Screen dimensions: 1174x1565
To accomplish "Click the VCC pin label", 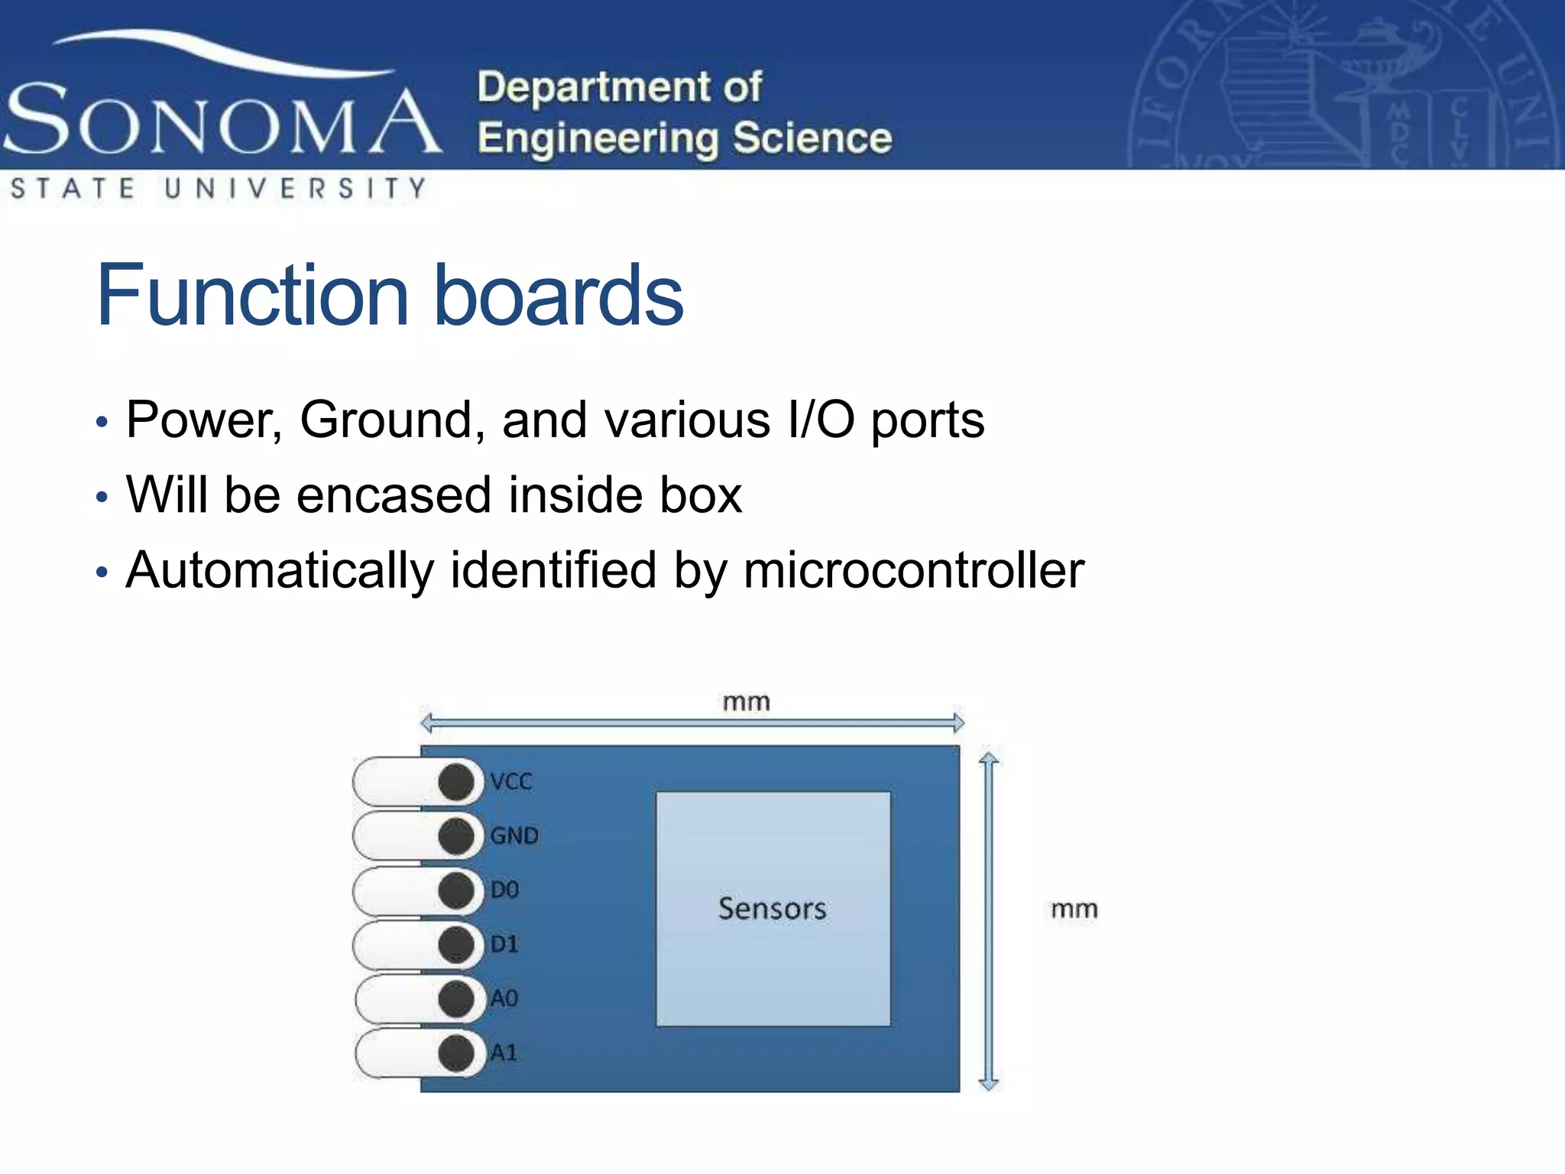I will click(511, 782).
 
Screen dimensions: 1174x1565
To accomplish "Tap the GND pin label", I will click(514, 835).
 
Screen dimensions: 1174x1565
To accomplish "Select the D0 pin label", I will click(504, 890).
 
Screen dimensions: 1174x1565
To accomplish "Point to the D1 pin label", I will click(504, 944).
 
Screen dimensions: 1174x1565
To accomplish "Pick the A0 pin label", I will click(504, 998).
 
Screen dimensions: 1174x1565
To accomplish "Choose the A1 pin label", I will click(504, 1052).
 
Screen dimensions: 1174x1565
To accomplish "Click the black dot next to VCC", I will click(456, 782).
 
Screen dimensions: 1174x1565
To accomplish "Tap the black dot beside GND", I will click(456, 835).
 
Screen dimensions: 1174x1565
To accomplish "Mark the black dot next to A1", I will click(456, 1052).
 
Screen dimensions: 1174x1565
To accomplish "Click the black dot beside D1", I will click(456, 944).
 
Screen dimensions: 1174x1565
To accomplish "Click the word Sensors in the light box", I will click(772, 909).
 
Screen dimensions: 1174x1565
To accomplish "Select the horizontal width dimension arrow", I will click(692, 722).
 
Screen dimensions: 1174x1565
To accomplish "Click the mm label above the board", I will click(747, 702).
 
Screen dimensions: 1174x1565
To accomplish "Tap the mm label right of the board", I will click(1074, 910).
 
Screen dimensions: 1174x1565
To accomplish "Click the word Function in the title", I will click(252, 296).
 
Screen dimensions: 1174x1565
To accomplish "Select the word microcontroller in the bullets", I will click(913, 570).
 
